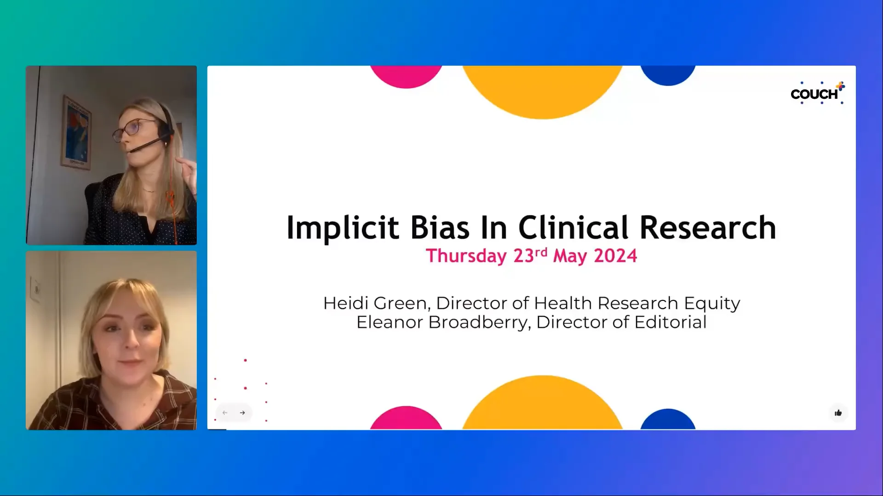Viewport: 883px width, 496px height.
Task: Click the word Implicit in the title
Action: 342,228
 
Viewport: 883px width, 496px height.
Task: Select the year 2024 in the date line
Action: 615,256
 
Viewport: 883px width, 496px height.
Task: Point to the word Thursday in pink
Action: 466,256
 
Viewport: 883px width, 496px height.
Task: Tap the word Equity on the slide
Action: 712,304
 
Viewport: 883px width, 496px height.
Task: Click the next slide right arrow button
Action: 242,413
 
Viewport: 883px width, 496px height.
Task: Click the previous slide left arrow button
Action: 225,413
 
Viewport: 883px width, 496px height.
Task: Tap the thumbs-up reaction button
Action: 838,413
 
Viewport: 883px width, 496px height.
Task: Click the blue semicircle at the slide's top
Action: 668,75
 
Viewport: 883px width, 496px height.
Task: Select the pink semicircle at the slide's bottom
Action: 406,419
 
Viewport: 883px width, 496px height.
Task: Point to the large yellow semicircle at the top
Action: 542,90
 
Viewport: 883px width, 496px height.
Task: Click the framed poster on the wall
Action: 76,132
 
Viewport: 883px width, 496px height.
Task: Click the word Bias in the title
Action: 440,228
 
